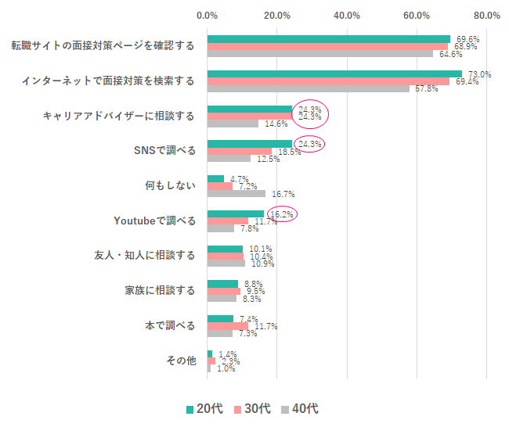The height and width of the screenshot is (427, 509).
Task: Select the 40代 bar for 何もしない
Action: click(236, 193)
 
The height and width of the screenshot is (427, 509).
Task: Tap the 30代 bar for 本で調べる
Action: click(228, 326)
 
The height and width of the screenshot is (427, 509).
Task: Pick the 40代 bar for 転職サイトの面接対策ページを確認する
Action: click(319, 53)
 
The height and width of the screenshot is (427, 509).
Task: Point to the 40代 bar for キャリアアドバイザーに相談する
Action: click(233, 124)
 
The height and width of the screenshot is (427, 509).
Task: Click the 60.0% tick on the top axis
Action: click(417, 15)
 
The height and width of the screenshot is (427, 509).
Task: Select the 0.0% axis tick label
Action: click(208, 15)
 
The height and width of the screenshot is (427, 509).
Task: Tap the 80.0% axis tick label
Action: click(486, 15)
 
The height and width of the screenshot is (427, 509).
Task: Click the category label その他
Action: click(180, 361)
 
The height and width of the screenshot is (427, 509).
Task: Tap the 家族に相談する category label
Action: click(160, 291)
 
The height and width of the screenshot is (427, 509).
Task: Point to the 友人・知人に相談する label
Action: click(144, 256)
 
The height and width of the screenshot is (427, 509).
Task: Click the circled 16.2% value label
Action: click(283, 213)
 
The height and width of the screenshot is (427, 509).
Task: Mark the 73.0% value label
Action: click(479, 74)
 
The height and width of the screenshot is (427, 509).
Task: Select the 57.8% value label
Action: click(426, 88)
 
